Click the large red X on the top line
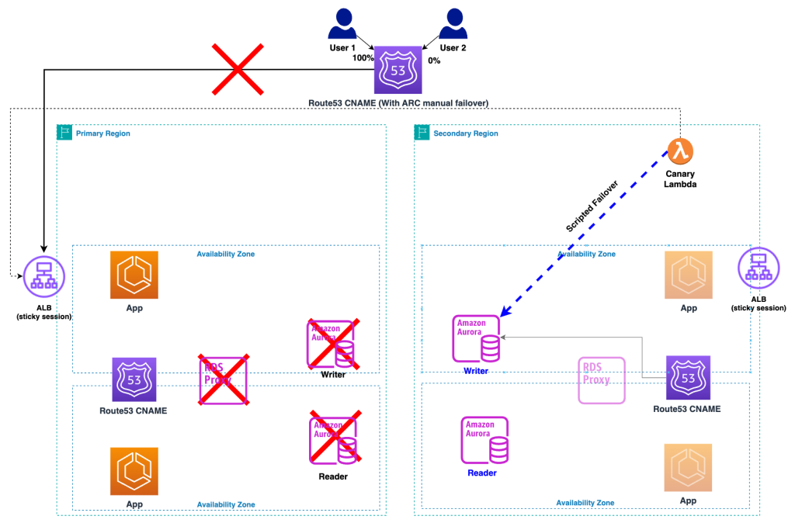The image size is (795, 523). [237, 70]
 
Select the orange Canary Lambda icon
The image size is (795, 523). [680, 151]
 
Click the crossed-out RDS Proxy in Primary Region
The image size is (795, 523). [223, 380]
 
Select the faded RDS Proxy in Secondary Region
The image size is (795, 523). [601, 381]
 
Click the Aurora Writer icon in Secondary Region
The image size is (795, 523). [476, 338]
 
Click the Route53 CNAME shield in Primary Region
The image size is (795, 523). [134, 380]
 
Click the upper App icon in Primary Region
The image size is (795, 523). [134, 275]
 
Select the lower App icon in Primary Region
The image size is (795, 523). [134, 470]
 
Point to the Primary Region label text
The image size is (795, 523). [102, 133]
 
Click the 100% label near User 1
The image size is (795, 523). [363, 58]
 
